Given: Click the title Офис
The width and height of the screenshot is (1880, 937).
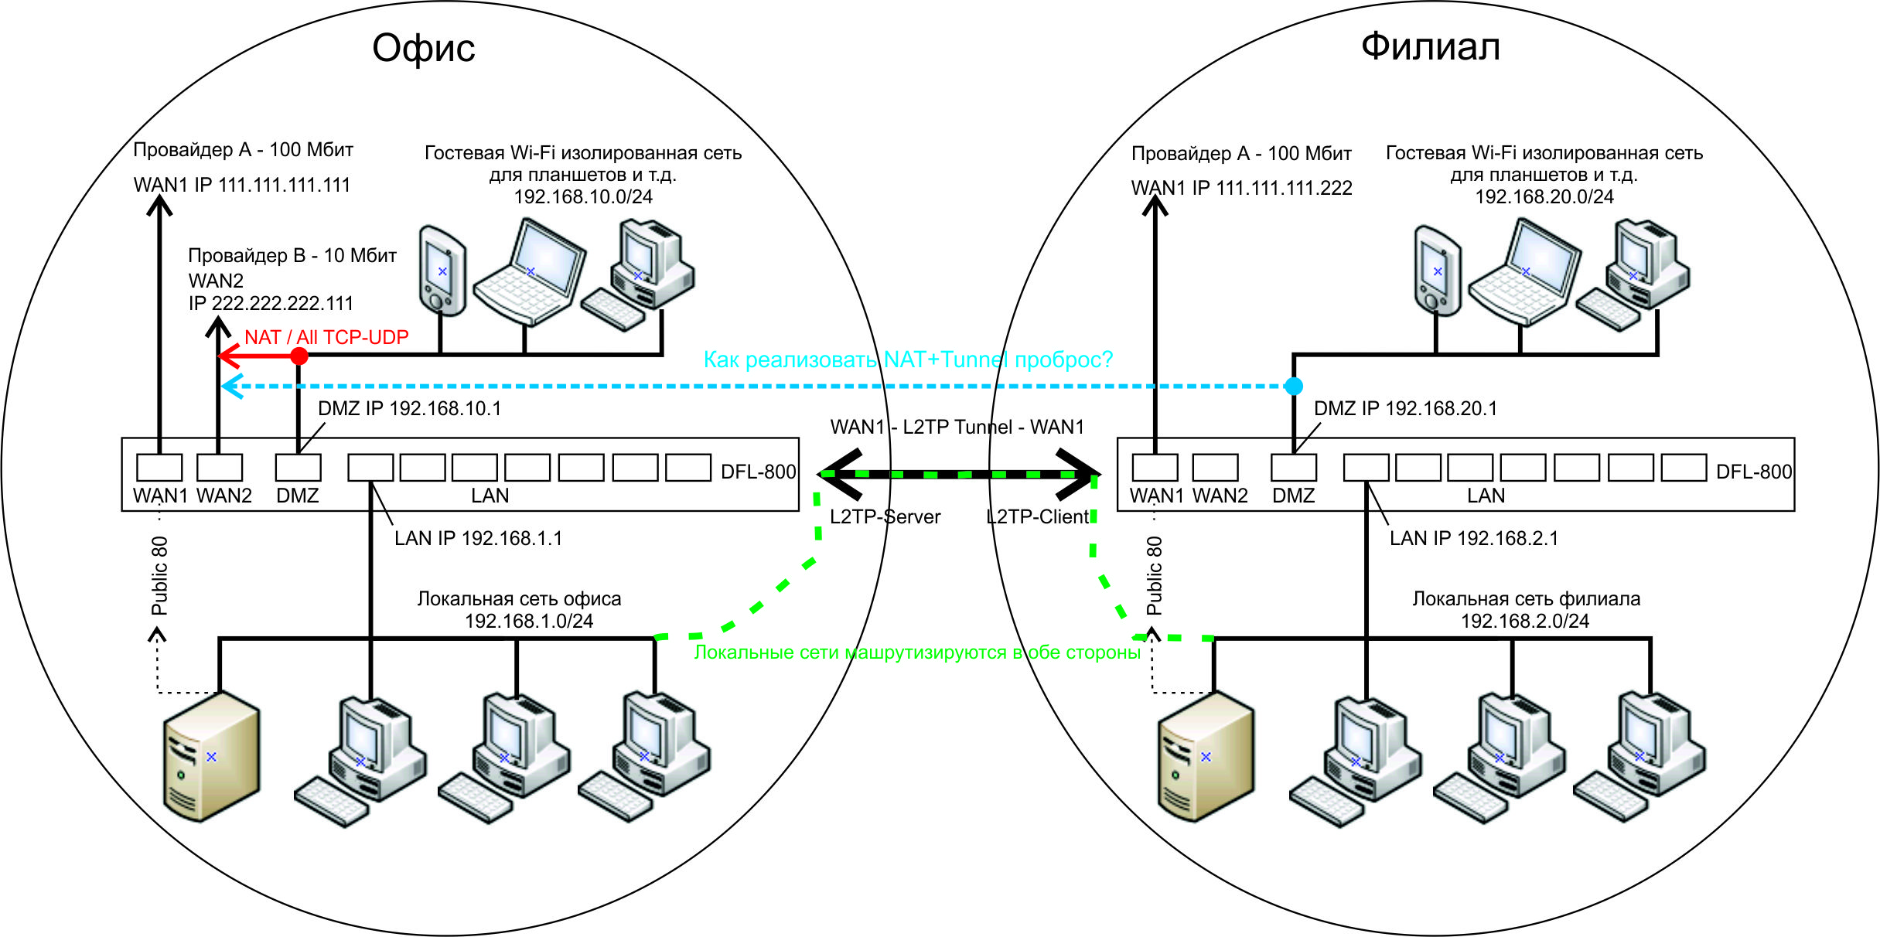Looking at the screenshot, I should (x=423, y=49).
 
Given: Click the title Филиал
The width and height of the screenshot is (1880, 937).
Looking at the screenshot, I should (x=1431, y=46).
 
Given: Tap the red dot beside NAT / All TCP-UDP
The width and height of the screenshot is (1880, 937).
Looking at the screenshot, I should (x=299, y=356).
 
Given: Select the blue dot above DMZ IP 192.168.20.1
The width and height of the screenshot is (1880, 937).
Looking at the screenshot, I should (x=1294, y=386).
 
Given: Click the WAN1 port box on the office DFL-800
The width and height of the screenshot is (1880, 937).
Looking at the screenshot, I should (x=159, y=467).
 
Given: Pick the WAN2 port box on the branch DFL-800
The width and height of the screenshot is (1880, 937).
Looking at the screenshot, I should (x=1215, y=467).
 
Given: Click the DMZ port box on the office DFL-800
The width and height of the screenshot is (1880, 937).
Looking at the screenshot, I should (x=298, y=467).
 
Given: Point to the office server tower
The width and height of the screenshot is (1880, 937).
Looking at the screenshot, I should (x=211, y=756).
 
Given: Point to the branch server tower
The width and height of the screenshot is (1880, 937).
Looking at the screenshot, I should (x=1206, y=756).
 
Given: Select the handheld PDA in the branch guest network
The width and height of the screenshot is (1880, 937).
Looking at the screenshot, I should (x=1437, y=271).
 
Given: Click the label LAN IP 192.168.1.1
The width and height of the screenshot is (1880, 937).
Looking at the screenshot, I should (x=478, y=538).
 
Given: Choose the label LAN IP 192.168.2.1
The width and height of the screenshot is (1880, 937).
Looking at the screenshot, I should (x=1473, y=538).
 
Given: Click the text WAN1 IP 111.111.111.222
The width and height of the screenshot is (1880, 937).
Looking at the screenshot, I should (x=1241, y=188).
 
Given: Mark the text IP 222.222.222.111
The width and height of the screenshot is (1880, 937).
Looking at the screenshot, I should (x=271, y=303).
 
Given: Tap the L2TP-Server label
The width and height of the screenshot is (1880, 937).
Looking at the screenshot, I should (x=885, y=516).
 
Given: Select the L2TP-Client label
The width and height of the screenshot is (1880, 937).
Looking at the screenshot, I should (x=1037, y=516).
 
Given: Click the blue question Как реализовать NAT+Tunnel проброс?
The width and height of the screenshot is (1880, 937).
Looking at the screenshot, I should (x=908, y=359).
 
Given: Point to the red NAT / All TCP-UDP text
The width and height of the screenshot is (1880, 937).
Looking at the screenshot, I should (x=326, y=337).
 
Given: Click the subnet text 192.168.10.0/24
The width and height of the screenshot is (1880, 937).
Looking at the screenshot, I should (x=583, y=196).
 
